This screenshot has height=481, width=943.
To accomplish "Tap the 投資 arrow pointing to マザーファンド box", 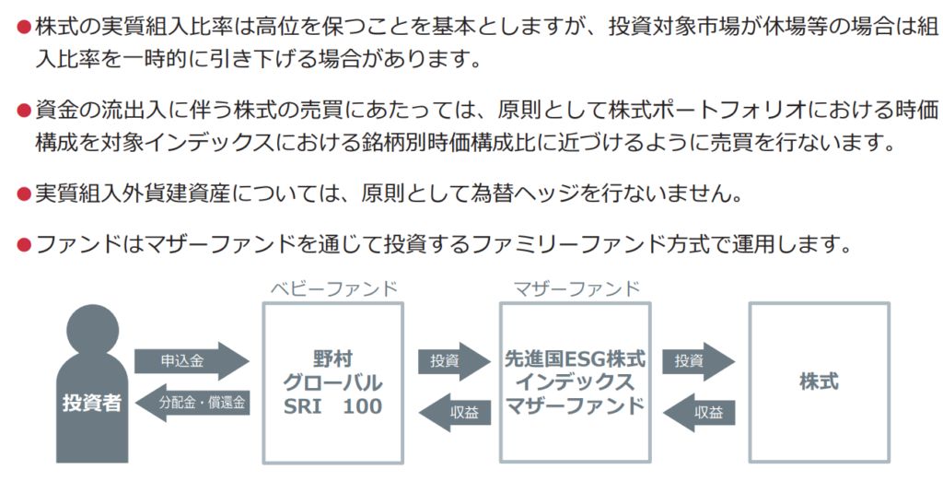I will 450,361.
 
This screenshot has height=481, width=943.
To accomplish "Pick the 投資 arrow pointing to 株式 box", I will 696,361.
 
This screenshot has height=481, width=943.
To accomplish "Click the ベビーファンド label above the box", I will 333,288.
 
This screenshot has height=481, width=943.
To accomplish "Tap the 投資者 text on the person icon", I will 92,403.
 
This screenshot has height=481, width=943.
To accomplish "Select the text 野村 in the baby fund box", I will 332,359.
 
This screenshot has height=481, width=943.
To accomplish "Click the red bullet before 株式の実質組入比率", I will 24,27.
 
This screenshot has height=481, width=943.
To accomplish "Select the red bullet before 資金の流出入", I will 24,111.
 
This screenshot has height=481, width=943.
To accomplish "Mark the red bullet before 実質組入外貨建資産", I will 24,194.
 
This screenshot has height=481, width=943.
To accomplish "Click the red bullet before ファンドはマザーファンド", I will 24,245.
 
